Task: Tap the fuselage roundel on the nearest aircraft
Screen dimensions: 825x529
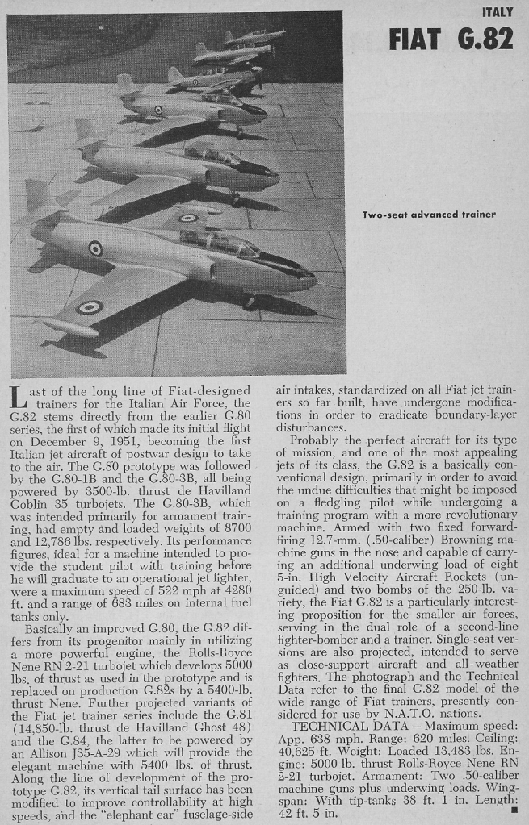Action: [95, 248]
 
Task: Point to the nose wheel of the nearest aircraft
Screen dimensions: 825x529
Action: [248, 301]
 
